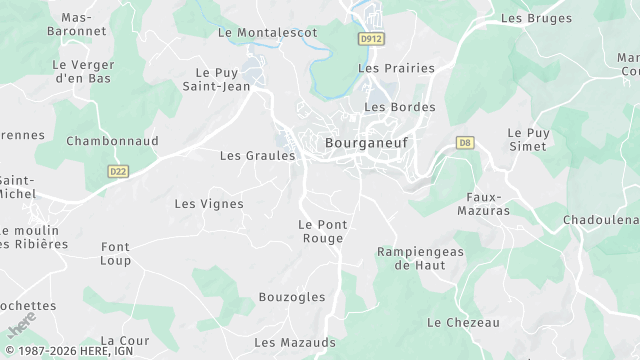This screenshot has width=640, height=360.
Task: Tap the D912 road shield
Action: click(x=372, y=39)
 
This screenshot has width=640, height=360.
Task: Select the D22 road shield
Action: click(x=118, y=171)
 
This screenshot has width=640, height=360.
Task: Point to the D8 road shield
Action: click(x=464, y=142)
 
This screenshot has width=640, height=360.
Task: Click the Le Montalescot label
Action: click(x=267, y=33)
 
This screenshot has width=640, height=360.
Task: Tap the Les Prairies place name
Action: click(x=396, y=69)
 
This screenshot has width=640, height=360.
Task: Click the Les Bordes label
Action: click(x=399, y=107)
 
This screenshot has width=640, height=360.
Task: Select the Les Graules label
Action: click(x=257, y=156)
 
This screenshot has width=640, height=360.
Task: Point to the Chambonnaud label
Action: click(x=112, y=142)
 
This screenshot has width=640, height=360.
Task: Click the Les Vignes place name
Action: click(x=209, y=204)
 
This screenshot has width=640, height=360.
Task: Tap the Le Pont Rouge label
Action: click(x=321, y=231)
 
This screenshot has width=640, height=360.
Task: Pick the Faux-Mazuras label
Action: click(x=488, y=204)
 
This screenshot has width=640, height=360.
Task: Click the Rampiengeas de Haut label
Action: click(x=420, y=258)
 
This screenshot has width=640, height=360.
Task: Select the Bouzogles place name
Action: click(x=292, y=297)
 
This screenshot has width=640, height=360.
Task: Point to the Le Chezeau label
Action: click(x=463, y=322)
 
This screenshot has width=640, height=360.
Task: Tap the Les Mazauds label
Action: click(x=295, y=342)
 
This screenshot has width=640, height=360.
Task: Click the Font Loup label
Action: click(x=115, y=253)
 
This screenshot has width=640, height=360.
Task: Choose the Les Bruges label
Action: click(x=536, y=18)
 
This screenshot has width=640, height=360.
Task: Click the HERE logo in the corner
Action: click(x=21, y=327)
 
